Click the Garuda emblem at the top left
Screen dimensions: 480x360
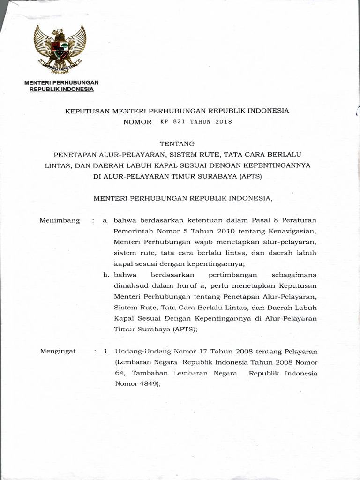[60, 50]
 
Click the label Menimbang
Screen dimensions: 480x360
[60, 220]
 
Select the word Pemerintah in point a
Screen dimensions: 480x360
[133, 231]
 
